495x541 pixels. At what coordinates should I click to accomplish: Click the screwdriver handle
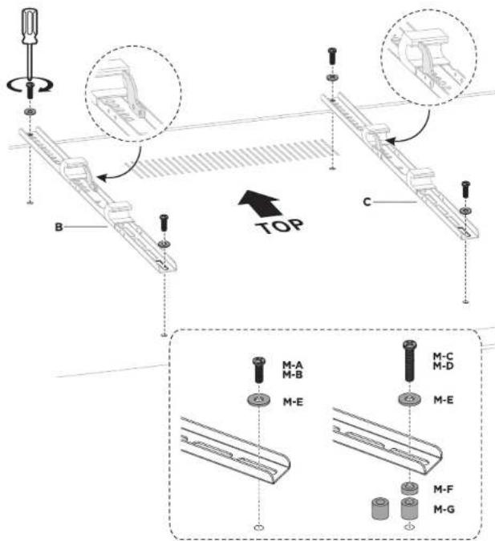pos(30,26)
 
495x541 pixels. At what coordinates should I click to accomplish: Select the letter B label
pos(59,227)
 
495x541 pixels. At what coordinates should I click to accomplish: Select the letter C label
pos(367,201)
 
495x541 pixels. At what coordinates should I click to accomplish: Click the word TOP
pos(280,226)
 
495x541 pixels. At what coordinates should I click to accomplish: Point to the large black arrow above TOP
pos(259,204)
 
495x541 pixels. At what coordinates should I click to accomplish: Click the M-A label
pos(293,365)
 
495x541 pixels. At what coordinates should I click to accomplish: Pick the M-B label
pos(293,374)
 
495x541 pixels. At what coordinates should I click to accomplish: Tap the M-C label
pos(443,356)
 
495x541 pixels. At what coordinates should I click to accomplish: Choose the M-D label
pos(443,365)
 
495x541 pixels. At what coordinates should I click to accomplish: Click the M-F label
pos(443,489)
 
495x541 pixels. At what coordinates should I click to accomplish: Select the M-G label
pos(444,509)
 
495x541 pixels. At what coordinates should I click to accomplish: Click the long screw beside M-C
pos(410,361)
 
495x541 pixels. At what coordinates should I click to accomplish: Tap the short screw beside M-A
pos(258,369)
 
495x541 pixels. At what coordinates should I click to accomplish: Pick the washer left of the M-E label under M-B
pos(258,401)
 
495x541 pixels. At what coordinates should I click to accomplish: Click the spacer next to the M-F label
pos(410,489)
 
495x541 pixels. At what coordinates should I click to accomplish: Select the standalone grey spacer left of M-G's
pos(380,508)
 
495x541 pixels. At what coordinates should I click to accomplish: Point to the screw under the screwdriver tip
pos(30,91)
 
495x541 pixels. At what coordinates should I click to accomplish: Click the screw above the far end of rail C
pos(332,56)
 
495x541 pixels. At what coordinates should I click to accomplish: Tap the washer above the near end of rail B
pos(164,244)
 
